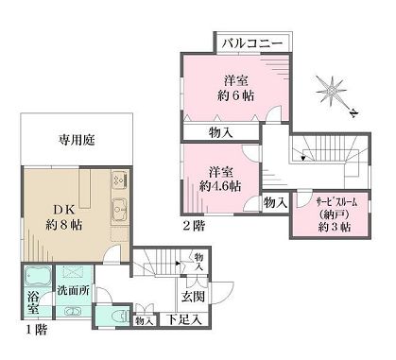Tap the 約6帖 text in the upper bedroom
coord(234,95)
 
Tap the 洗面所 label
coord(72,290)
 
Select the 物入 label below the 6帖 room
coord(222,132)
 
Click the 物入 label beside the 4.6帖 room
coord(275,201)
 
